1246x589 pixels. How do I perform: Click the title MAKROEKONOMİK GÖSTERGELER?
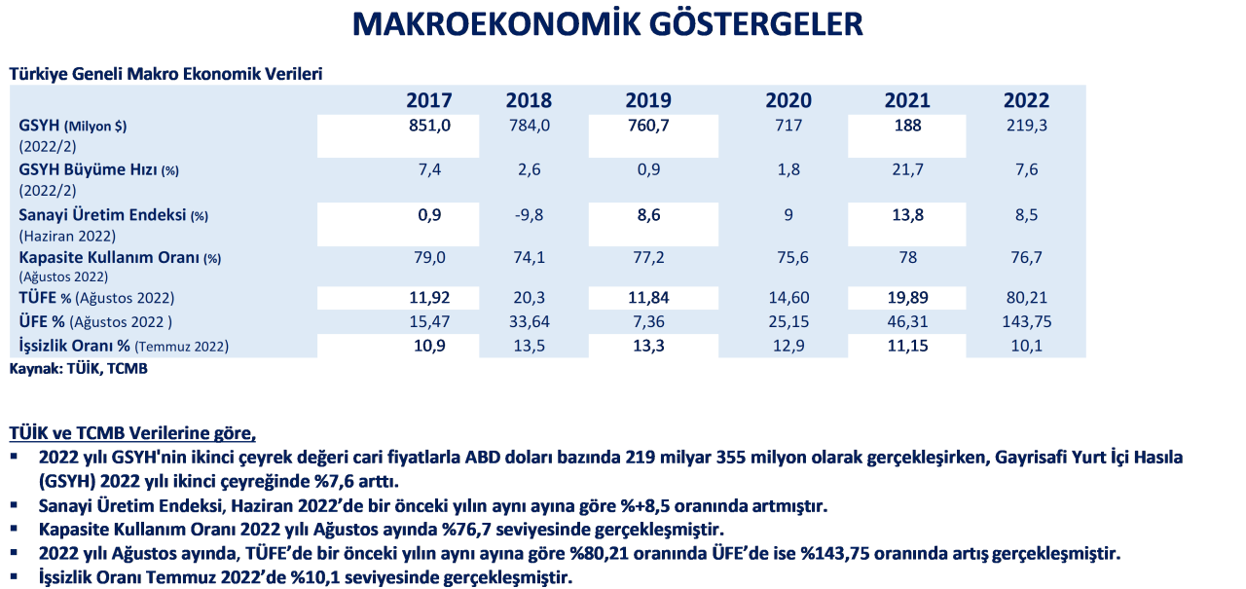pyautogui.click(x=606, y=24)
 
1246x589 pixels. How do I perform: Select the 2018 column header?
pyautogui.click(x=529, y=100)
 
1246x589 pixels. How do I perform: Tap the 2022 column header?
pyautogui.click(x=1026, y=100)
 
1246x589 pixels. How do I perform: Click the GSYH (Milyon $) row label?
pyautogui.click(x=73, y=127)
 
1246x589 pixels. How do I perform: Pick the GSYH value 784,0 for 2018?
pyautogui.click(x=530, y=126)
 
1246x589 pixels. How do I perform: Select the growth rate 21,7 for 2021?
pyautogui.click(x=906, y=170)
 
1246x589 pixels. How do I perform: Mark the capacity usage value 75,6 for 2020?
pyautogui.click(x=788, y=259)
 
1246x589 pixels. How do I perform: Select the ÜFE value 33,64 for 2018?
pyautogui.click(x=530, y=321)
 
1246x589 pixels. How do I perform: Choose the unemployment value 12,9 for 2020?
pyautogui.click(x=788, y=346)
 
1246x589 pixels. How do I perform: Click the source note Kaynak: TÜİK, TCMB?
pyautogui.click(x=78, y=369)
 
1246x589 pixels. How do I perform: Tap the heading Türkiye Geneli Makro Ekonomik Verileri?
pyautogui.click(x=165, y=74)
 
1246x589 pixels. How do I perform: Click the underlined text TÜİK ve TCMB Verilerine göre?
pyautogui.click(x=131, y=432)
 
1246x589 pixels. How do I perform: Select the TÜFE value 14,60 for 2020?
pyautogui.click(x=788, y=298)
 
